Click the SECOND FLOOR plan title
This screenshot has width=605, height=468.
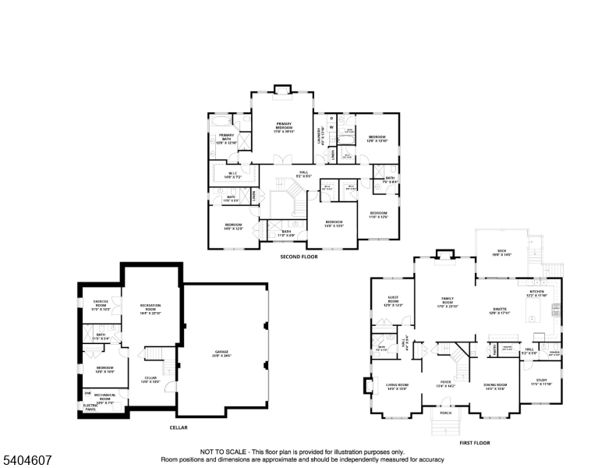click(299, 256)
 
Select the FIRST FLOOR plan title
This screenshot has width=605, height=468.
click(475, 442)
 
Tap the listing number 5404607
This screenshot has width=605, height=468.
click(27, 452)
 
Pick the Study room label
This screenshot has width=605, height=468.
click(541, 382)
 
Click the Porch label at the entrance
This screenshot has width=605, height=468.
click(445, 413)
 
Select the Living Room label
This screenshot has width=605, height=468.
click(397, 386)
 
